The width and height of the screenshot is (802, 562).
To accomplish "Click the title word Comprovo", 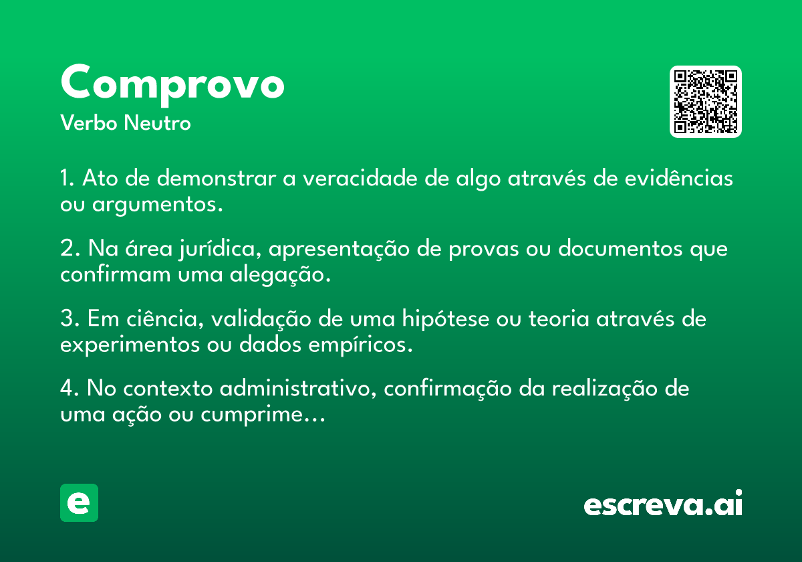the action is pyautogui.click(x=172, y=84).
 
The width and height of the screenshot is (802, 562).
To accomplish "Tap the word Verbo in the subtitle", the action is pyautogui.click(x=89, y=122).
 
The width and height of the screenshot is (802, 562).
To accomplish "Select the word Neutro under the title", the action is pyautogui.click(x=157, y=122).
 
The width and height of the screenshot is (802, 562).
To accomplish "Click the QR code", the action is pyautogui.click(x=705, y=102).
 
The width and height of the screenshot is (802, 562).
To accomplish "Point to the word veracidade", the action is pyautogui.click(x=360, y=178).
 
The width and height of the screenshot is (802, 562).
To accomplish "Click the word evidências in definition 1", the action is pyautogui.click(x=679, y=177).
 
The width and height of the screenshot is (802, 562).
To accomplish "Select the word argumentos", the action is pyautogui.click(x=158, y=205).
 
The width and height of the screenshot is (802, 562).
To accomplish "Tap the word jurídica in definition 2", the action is pyautogui.click(x=220, y=248).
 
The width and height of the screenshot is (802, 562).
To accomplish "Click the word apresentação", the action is pyautogui.click(x=339, y=249).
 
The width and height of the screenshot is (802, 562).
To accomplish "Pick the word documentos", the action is pyautogui.click(x=620, y=248).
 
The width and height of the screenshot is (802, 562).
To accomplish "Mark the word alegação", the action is pyautogui.click(x=280, y=275).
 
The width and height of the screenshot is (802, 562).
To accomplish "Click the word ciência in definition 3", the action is pyautogui.click(x=165, y=318).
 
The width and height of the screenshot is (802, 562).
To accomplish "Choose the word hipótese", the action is pyautogui.click(x=445, y=318).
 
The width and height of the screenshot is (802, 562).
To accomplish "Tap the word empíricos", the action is pyautogui.click(x=360, y=345).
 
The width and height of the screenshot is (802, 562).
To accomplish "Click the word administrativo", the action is pyautogui.click(x=298, y=388).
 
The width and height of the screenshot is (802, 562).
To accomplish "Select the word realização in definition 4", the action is pyautogui.click(x=605, y=389).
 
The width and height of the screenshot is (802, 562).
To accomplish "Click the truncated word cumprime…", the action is pyautogui.click(x=263, y=415).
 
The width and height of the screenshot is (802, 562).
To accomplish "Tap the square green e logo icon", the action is pyautogui.click(x=79, y=502).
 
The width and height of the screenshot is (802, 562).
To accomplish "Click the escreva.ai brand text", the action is pyautogui.click(x=663, y=503).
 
